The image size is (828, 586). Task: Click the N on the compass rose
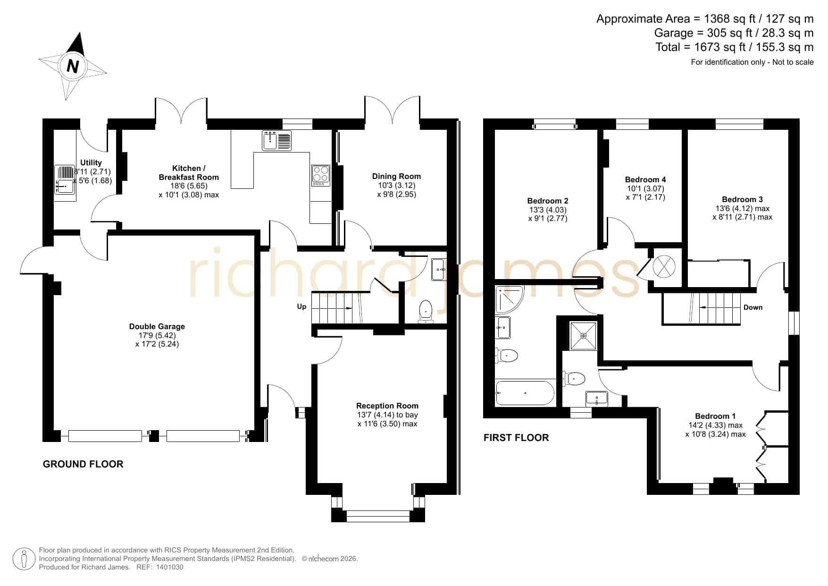tap(73, 66)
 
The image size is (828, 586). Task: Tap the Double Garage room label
tap(157, 326)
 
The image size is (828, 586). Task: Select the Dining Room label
tap(396, 176)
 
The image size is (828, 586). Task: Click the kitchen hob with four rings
tap(321, 175)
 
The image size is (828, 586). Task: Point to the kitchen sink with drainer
tap(277, 140)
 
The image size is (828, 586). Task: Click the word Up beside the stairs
tap(301, 306)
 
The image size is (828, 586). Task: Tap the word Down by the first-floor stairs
tap(753, 307)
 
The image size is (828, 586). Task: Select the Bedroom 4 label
tap(645, 179)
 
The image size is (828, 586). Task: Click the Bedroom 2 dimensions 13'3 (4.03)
tap(548, 210)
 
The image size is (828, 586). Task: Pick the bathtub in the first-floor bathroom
tap(525, 393)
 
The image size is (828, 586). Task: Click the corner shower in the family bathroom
tap(509, 299)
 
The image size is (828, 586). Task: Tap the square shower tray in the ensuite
tap(584, 336)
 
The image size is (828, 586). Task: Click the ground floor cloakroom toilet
tap(426, 312)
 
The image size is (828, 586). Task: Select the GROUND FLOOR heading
tap(83, 464)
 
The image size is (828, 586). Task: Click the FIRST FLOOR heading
tap(516, 438)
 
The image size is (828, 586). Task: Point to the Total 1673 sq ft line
tap(735, 47)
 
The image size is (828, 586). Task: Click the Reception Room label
tap(387, 406)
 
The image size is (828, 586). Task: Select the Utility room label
tap(91, 162)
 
